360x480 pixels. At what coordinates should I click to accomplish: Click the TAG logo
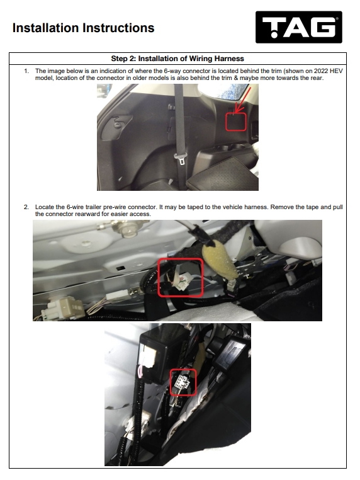click(298, 27)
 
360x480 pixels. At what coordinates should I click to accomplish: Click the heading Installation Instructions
click(83, 28)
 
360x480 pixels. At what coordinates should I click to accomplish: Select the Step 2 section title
click(177, 59)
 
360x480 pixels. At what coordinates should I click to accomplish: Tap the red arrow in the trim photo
click(243, 100)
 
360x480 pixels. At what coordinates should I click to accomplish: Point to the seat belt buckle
click(180, 158)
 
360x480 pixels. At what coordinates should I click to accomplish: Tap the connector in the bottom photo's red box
click(181, 382)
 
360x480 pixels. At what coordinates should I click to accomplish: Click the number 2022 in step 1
click(320, 71)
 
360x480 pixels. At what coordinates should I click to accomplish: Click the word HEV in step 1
click(336, 71)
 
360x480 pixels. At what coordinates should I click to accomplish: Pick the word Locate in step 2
click(45, 207)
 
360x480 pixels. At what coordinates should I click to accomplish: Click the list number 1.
click(26, 71)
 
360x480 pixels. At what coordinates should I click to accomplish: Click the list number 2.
click(26, 207)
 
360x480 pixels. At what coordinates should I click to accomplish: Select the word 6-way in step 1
click(172, 71)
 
